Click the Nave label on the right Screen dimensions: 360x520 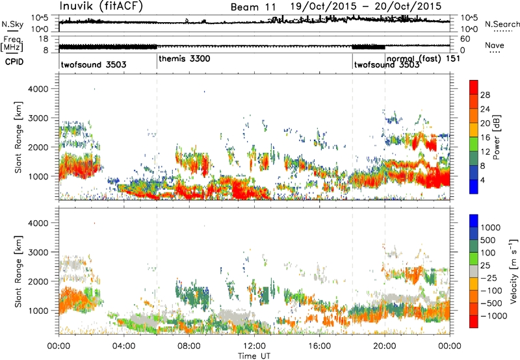pyautogui.click(x=494, y=47)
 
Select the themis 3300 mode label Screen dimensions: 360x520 pyautogui.click(x=185, y=58)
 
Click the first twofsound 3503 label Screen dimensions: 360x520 pyautogui.click(x=93, y=65)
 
